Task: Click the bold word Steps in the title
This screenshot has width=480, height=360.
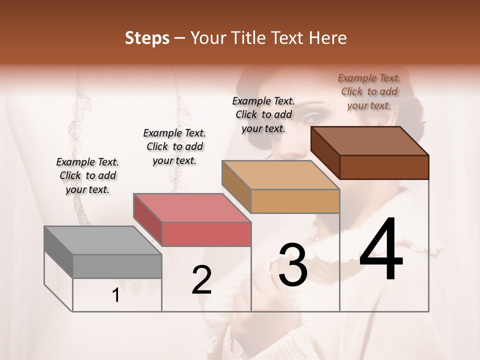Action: [x=147, y=38]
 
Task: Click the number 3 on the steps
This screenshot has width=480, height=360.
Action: [x=292, y=265]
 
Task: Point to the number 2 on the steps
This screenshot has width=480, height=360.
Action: [x=201, y=280]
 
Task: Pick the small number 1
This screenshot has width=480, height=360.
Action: [x=115, y=295]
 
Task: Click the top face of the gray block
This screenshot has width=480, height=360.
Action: [x=102, y=240]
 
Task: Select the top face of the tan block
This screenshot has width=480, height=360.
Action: [x=280, y=175]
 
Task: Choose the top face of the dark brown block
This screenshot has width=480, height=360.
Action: [x=369, y=141]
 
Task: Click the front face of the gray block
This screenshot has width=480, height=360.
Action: [x=117, y=266]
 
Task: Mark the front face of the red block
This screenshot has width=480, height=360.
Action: [x=206, y=234]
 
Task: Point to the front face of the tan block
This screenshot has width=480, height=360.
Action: [x=295, y=201]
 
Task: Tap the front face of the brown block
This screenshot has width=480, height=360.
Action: [x=384, y=167]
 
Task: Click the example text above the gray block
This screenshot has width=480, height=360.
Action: [x=87, y=175]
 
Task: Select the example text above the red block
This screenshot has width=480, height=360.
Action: [x=174, y=146]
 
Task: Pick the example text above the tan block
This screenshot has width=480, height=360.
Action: [x=263, y=114]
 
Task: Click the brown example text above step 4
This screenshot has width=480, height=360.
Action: [x=369, y=91]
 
